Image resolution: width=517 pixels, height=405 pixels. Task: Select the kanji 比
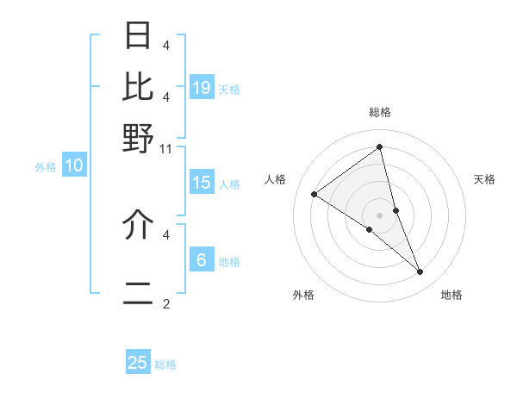(x=139, y=86)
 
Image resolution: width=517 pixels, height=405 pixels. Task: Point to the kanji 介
(x=139, y=224)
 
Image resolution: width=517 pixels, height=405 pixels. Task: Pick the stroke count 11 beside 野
(x=166, y=148)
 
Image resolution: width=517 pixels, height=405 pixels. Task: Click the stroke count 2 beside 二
(x=166, y=303)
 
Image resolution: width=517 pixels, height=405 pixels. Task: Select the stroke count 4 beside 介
(x=166, y=233)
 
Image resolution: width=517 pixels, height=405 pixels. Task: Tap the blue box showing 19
(x=202, y=87)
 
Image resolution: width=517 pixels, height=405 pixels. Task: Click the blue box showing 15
(x=202, y=183)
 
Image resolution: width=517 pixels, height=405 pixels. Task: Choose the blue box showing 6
(x=202, y=260)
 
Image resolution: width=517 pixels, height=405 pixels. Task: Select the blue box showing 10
(x=74, y=166)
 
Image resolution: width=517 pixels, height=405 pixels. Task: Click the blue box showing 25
(x=138, y=363)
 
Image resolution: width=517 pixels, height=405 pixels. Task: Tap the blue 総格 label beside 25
(x=165, y=364)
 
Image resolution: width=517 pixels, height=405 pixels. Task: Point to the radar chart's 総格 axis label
(x=380, y=112)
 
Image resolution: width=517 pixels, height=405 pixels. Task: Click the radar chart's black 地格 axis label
(x=452, y=295)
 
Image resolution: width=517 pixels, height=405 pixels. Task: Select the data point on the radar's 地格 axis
(x=420, y=271)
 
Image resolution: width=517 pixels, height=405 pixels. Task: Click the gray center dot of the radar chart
(x=380, y=215)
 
